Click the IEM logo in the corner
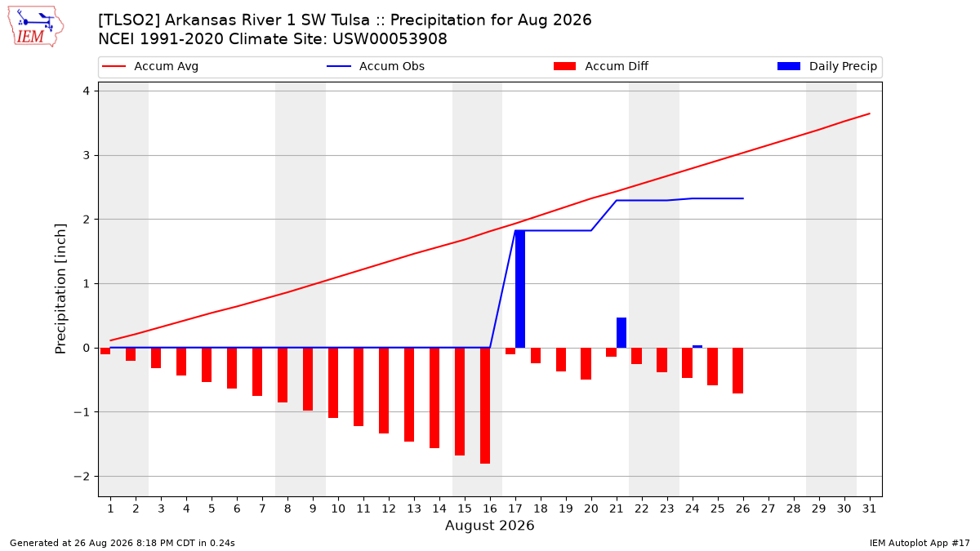click(x=36, y=27)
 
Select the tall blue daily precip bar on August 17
click(x=520, y=289)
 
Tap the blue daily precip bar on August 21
click(x=621, y=333)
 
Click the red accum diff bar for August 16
click(x=485, y=406)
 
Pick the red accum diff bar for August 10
click(x=333, y=383)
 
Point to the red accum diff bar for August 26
click(x=738, y=371)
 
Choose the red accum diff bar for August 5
click(x=207, y=365)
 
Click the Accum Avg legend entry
click(x=150, y=66)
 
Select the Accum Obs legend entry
click(x=376, y=66)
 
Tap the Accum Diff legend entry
click(x=601, y=66)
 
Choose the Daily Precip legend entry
click(x=826, y=66)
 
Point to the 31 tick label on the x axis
click(x=869, y=509)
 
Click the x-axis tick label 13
click(x=414, y=509)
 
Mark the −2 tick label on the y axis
click(x=82, y=476)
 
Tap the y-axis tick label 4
click(x=87, y=91)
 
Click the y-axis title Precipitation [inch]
click(x=60, y=289)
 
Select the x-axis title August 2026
click(x=489, y=525)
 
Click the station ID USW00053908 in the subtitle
click(x=390, y=39)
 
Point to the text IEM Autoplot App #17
click(x=920, y=543)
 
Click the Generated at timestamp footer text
click(x=122, y=543)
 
